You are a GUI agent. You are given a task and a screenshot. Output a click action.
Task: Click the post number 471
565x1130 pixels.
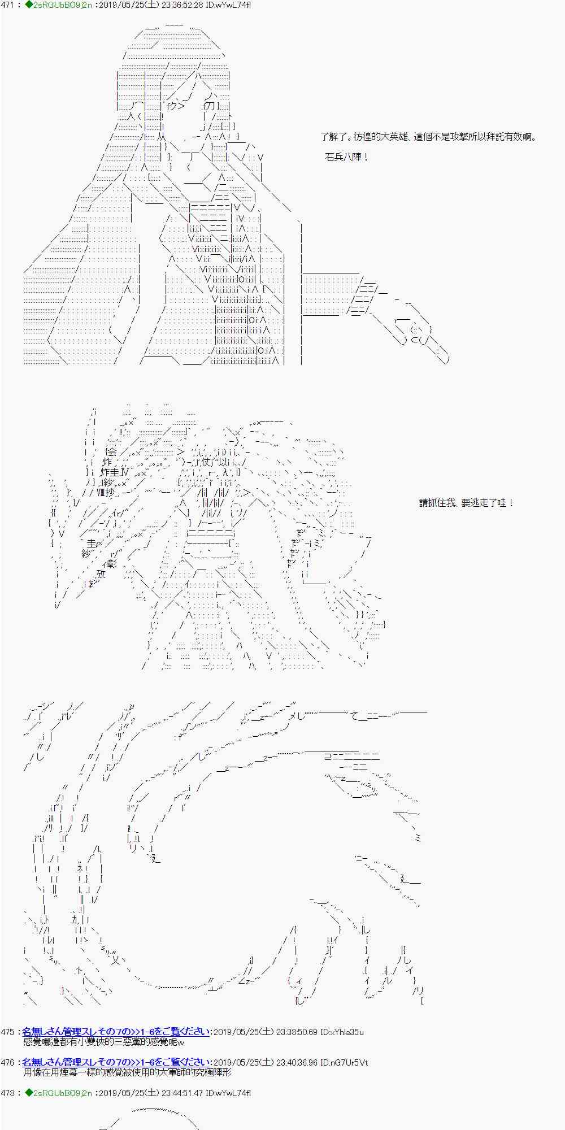pos(8,5)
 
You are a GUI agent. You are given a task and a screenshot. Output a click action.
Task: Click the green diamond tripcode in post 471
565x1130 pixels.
pos(59,5)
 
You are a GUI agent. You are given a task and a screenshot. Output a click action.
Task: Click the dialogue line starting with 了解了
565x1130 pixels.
pos(428,137)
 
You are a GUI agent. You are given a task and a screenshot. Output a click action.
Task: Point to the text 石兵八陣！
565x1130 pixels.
pos(347,157)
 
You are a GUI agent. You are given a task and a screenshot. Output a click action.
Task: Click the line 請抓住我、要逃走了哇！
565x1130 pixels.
pos(467,503)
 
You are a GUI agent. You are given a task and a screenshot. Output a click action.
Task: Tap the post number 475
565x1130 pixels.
pos(8,1032)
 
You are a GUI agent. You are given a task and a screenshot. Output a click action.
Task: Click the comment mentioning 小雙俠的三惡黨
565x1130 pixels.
pos(104,1042)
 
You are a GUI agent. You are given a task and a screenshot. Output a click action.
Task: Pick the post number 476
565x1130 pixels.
pos(8,1063)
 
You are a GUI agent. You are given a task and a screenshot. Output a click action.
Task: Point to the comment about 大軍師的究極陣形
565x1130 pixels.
pos(127,1072)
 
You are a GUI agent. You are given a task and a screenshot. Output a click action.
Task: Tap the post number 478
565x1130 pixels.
pos(8,1093)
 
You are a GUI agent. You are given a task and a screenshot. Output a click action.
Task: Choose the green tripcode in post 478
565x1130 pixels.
pos(59,1093)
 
